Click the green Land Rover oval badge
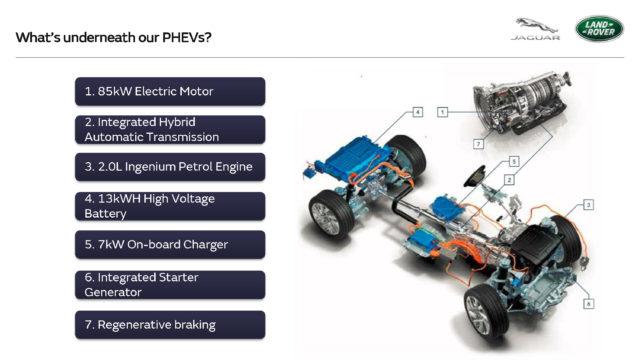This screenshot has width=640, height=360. point(598,28)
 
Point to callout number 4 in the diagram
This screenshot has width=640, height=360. point(417,111)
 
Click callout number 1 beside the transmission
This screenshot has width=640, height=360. point(441,113)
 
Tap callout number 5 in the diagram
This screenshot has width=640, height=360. point(512,160)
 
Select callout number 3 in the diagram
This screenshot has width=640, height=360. point(589,204)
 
